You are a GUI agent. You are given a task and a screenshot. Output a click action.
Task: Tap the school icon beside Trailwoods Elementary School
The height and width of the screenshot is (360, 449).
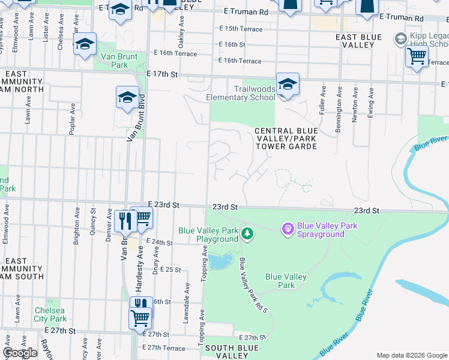click(288, 84)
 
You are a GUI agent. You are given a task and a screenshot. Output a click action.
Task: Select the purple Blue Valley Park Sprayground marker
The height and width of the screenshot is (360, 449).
click(288, 229)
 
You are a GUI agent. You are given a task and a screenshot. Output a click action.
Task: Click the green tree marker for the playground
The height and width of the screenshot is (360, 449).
click(247, 233)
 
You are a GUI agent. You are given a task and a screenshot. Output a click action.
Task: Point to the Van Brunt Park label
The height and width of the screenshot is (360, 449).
click(115, 61)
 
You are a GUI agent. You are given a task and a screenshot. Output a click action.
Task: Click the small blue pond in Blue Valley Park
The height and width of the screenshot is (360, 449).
click(220, 260)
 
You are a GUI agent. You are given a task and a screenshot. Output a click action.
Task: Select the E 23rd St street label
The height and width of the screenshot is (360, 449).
click(163, 205)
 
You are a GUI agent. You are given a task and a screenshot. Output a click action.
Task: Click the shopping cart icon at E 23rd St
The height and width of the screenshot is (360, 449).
click(142, 218)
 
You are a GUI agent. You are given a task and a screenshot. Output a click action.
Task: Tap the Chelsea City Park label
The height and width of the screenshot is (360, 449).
click(50, 314)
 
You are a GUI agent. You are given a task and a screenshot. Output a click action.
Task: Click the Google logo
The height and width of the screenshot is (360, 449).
click(20, 353)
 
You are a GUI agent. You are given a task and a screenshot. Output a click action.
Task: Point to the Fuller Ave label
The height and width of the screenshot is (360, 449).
click(324, 100)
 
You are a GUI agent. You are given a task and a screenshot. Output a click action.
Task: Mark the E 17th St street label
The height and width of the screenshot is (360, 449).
click(163, 74)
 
